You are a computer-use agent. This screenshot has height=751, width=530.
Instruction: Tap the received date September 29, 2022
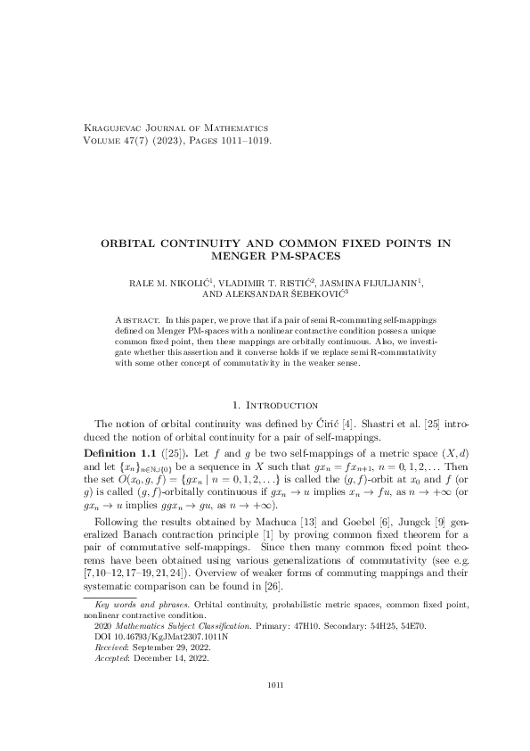[x=173, y=648]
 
